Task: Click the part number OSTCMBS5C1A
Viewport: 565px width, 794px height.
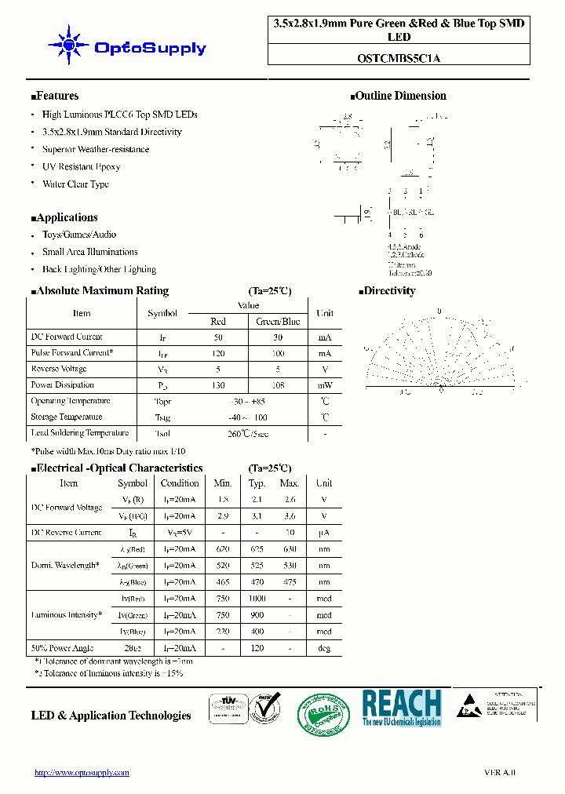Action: pos(399,57)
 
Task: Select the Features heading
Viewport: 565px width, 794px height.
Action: pos(55,96)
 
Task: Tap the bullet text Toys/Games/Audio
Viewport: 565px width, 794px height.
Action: pos(78,235)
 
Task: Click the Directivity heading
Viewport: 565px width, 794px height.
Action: pos(387,290)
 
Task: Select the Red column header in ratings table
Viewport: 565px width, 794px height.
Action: pos(218,321)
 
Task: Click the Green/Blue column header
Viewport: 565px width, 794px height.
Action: pos(279,321)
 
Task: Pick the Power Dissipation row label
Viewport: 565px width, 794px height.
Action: pos(62,385)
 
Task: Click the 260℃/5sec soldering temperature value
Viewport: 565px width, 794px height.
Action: pos(247,433)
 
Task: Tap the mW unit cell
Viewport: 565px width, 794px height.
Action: pos(324,385)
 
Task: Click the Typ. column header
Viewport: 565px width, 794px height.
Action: pos(257,483)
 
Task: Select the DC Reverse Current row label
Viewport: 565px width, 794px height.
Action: pos(66,533)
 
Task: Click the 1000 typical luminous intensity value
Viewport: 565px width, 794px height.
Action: pos(257,599)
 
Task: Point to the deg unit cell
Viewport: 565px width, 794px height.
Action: pos(323,648)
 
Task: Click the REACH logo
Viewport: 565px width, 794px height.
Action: pos(401,707)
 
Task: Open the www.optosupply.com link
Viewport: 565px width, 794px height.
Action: pos(82,772)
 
